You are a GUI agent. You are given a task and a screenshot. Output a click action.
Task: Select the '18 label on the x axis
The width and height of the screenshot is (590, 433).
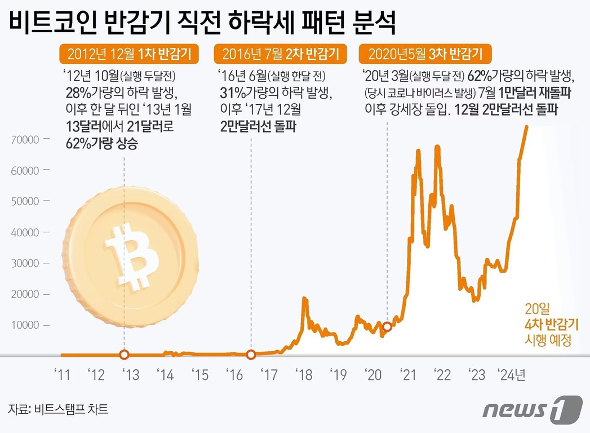(305, 374)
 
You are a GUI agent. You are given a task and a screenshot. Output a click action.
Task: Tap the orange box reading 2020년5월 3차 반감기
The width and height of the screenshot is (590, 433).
(425, 55)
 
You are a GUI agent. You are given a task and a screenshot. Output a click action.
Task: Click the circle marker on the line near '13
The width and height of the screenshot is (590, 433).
(125, 355)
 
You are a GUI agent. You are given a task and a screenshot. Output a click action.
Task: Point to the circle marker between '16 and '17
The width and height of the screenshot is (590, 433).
(251, 355)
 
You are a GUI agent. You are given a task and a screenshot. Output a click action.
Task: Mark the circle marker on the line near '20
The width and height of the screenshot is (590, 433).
(387, 326)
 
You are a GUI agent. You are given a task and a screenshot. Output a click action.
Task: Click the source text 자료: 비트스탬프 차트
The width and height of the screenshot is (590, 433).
(58, 409)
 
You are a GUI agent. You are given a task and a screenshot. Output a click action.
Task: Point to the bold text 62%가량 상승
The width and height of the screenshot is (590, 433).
(100, 144)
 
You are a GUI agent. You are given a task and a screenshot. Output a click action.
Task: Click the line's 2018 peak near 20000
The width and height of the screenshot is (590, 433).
(305, 299)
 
